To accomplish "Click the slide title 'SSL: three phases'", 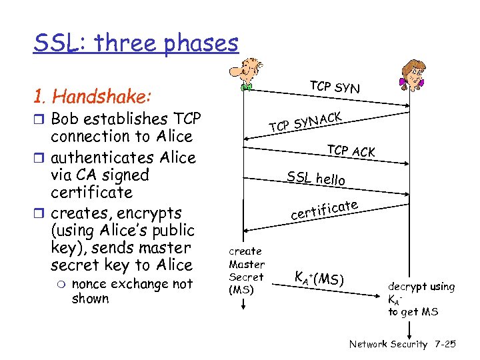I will coord(136,43).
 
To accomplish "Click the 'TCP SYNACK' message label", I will coord(306,121).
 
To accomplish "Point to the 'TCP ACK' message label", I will coord(351,151).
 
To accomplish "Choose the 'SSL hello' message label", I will coord(316,178).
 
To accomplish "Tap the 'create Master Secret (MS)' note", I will coord(246,270).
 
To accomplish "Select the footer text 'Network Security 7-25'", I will coord(402,344).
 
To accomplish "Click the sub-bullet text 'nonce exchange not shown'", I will coord(131,291).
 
